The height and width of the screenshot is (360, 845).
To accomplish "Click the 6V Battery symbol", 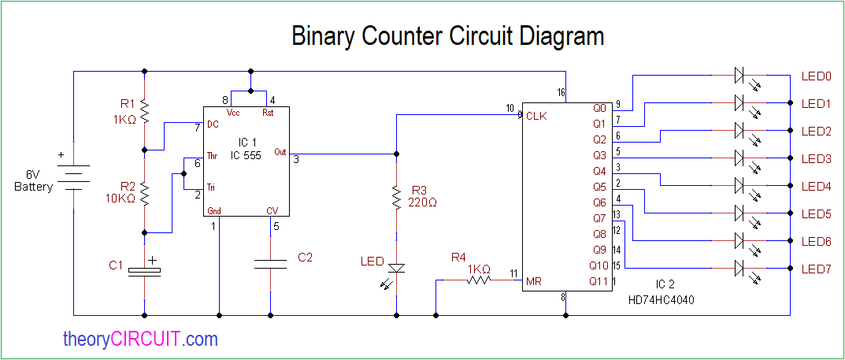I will click(x=73, y=177).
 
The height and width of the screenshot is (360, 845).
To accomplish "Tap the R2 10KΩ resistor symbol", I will click(x=144, y=191).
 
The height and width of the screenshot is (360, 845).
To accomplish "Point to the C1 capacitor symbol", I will click(x=144, y=270).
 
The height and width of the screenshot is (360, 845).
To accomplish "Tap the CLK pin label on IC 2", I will click(x=536, y=116).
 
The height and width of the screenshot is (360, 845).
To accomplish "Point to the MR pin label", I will click(x=533, y=280).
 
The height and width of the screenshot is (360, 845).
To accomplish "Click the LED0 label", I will click(x=816, y=76).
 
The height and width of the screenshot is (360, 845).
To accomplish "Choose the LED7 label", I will click(x=816, y=269).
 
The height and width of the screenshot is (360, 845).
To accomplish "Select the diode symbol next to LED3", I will click(x=739, y=158).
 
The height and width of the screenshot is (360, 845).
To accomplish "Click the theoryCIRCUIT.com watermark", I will click(x=140, y=340).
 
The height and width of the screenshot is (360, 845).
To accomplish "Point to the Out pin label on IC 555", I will click(x=280, y=152).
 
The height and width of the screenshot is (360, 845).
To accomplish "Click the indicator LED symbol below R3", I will click(x=396, y=268).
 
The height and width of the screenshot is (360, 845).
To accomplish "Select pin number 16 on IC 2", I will click(x=560, y=93).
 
